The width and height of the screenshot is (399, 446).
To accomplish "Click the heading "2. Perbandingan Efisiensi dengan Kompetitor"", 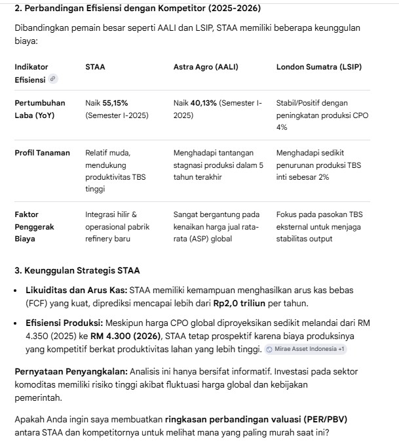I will point(137,8).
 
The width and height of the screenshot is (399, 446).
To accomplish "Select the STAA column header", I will point(95,67).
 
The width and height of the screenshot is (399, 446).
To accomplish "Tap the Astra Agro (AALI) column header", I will point(206,67).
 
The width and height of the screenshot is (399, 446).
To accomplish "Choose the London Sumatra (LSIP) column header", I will point(318,67).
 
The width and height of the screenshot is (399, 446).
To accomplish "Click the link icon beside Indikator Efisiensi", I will point(53,79).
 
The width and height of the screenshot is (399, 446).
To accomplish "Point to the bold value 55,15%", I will point(115,103).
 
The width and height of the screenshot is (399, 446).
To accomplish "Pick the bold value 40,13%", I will point(204,103).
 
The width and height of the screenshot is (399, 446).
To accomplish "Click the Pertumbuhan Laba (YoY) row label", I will point(40,109).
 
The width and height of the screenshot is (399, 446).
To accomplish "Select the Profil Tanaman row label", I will point(42,153).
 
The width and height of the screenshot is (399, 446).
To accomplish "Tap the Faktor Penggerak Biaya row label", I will point(35,226).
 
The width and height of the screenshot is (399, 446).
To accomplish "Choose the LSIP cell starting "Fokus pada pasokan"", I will point(319,226).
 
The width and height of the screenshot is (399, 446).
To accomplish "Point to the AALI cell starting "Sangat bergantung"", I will point(216,226).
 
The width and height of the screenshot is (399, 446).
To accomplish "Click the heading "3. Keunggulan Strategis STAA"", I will point(77,270).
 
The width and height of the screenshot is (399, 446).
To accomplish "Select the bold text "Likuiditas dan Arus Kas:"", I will point(76,290).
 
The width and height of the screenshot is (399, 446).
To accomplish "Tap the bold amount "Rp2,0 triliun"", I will point(239,304).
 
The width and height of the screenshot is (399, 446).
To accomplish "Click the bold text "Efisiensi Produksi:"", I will point(63,323).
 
